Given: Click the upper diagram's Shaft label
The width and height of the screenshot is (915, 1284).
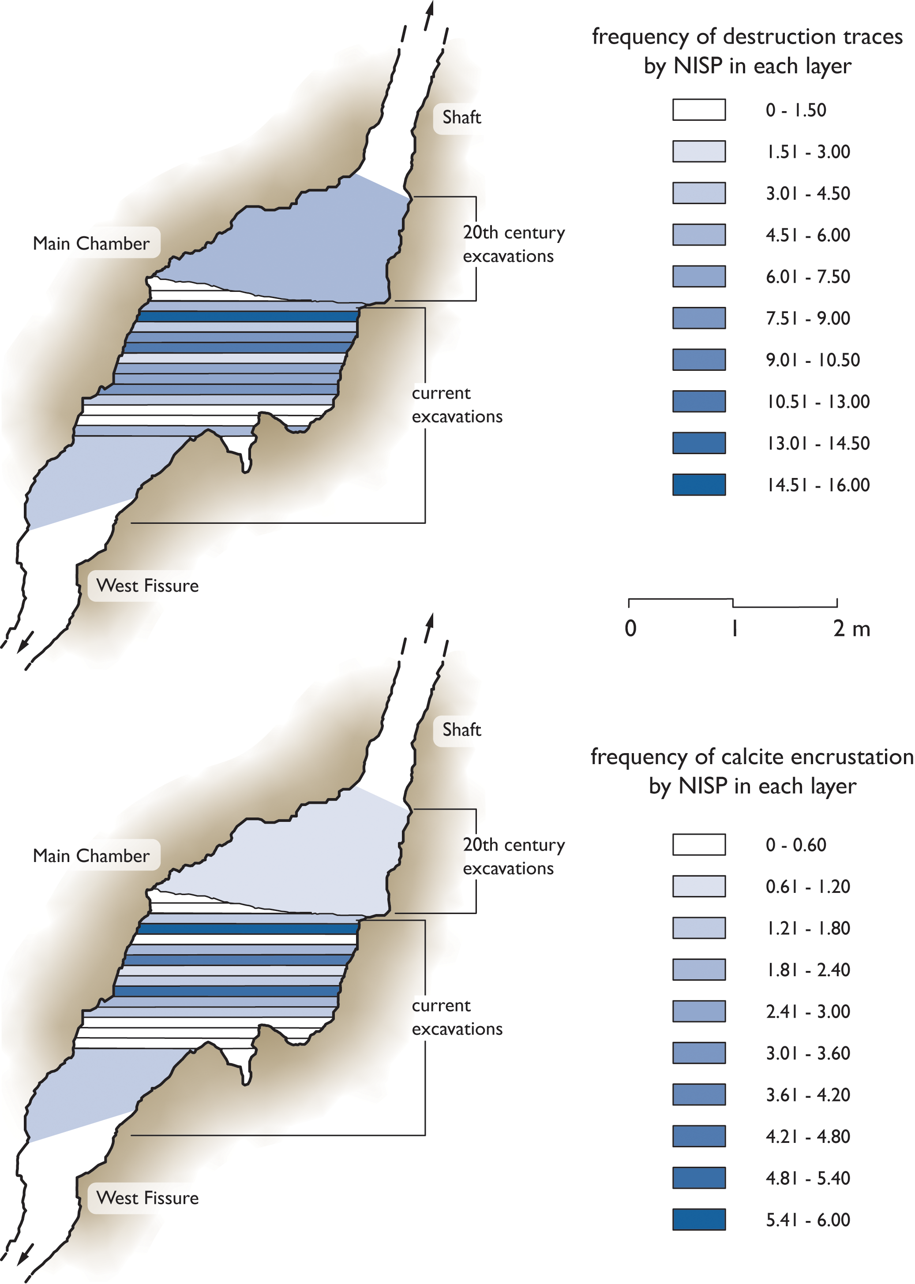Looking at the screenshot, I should (461, 117).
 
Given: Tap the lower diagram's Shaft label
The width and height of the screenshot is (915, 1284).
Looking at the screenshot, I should (461, 730).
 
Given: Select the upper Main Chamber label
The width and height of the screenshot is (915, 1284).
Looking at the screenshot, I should (91, 243).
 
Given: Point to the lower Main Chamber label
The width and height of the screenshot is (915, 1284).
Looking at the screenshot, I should (91, 855).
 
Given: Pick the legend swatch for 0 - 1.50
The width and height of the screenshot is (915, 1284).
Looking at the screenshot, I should (699, 110).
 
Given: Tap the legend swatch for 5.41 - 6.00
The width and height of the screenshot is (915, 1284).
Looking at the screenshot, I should (699, 1220).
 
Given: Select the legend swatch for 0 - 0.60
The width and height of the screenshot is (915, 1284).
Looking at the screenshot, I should (699, 845).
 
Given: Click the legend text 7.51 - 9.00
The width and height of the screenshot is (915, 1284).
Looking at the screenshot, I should (807, 319).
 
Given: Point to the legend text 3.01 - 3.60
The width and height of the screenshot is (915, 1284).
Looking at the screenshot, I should (807, 1053).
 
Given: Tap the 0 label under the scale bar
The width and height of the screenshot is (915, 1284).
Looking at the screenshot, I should (630, 628).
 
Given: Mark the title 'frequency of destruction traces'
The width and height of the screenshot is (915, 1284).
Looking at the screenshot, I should (747, 37).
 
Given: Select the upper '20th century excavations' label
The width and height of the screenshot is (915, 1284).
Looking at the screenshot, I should (513, 244).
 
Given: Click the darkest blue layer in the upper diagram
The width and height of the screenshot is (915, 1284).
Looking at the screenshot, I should (248, 317).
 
